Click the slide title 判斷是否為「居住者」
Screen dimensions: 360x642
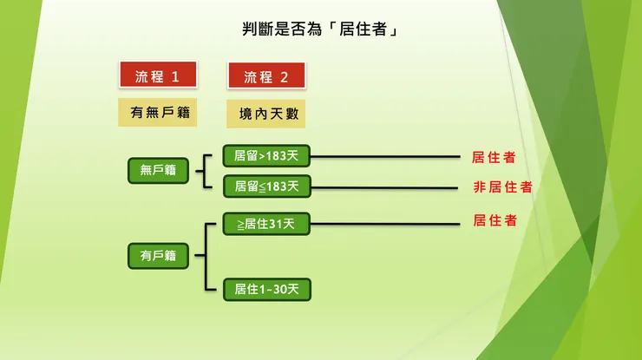(320, 29)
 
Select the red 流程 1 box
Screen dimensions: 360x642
(157, 76)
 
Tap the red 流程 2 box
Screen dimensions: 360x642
(266, 76)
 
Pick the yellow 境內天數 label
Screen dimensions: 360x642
(266, 113)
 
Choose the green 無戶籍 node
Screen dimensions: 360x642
(158, 170)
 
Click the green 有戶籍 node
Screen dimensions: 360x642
(158, 255)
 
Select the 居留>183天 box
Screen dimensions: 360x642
(266, 157)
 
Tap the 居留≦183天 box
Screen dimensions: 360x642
(266, 186)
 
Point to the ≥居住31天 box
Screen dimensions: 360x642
(266, 224)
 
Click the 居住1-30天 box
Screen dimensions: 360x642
(266, 290)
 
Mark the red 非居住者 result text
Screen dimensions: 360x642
(502, 187)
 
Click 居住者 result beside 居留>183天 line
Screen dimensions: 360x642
(494, 157)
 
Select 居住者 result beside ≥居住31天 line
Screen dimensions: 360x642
(495, 220)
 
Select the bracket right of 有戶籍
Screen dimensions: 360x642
(206, 256)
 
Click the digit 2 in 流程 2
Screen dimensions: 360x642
(284, 76)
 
